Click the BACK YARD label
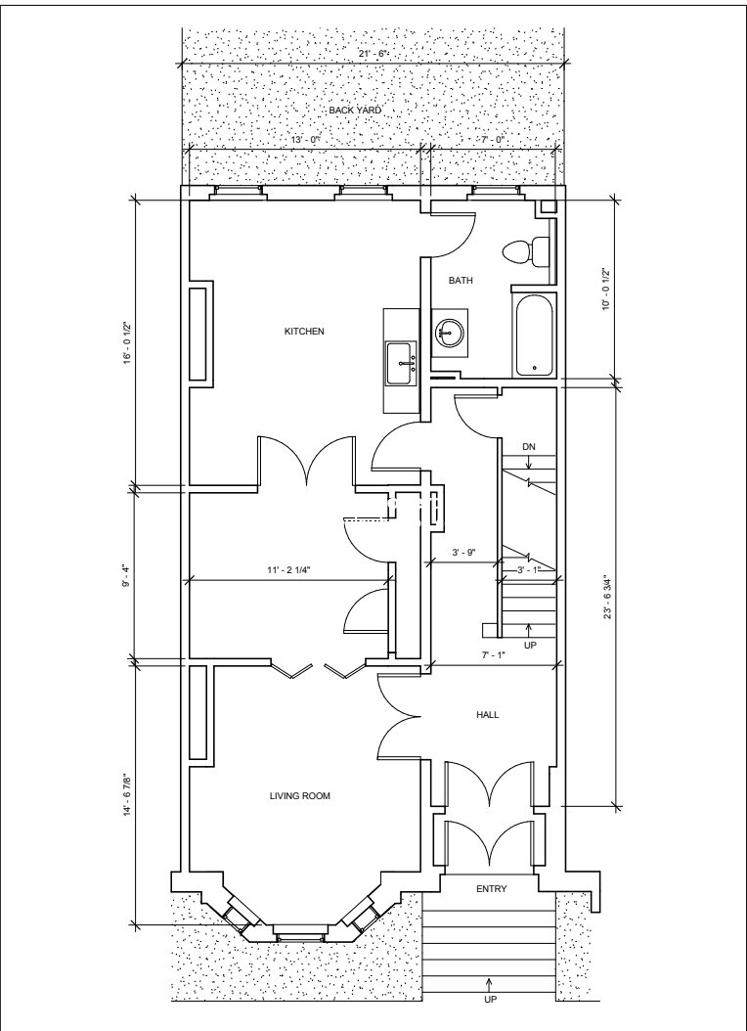coord(355,111)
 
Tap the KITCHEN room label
coord(304,332)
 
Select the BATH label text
coord(461,280)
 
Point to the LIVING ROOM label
coord(299,796)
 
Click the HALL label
coord(487,715)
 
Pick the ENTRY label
coord(491,889)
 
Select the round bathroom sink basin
coord(450,332)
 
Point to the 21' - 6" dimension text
coord(373,54)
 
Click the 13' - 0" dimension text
coord(305,140)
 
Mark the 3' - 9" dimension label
coord(463,553)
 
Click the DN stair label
coord(529,447)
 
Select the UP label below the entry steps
coord(490,1017)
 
